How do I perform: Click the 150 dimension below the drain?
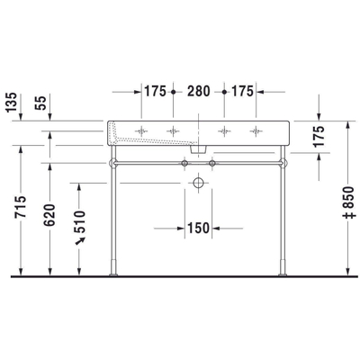(198, 227)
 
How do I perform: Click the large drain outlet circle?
(197, 182)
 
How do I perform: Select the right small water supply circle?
(213, 165)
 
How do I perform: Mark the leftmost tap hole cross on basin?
(140, 131)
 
